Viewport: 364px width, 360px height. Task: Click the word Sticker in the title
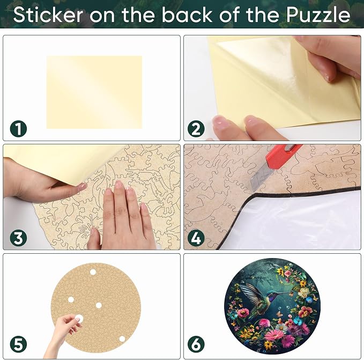(48, 14)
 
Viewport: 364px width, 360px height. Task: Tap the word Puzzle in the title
(318, 15)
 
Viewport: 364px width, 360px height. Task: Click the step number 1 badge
(19, 129)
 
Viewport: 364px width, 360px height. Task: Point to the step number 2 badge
(196, 129)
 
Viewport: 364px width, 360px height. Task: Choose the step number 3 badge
(19, 238)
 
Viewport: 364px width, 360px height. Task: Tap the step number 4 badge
(196, 238)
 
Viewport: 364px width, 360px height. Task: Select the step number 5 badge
(19, 344)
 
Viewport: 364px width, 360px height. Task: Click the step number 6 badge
(196, 344)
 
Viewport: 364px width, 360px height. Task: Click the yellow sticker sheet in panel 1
(94, 92)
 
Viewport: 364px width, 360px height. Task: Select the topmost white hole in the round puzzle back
(93, 272)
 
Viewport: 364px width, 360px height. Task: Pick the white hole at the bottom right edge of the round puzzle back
(122, 339)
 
